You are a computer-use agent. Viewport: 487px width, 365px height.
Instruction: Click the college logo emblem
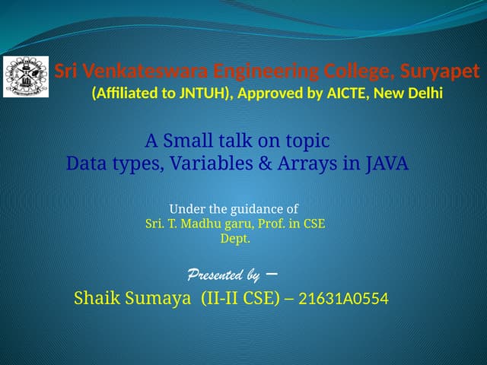tap(26, 76)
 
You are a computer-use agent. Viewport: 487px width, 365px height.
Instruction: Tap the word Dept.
tap(235, 238)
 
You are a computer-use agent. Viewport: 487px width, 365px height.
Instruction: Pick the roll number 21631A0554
tap(342, 299)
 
